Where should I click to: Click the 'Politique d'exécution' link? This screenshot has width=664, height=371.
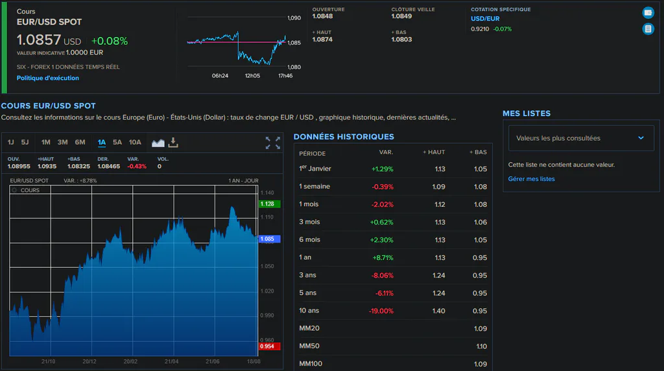point(48,78)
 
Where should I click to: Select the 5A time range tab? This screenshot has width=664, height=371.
point(117,142)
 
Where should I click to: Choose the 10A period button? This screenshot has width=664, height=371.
point(135,142)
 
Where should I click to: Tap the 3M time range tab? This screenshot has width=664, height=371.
point(63,142)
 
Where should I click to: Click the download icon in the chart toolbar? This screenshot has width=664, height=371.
point(173,142)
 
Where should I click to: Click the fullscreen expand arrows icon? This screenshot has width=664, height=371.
point(273,143)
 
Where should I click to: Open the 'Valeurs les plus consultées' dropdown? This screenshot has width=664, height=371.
point(581,138)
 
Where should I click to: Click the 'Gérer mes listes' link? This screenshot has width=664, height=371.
point(532,179)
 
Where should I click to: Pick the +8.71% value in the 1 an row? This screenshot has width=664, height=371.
point(383,257)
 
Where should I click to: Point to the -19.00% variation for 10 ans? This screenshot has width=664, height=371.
point(381,311)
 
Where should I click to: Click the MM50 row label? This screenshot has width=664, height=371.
point(309,346)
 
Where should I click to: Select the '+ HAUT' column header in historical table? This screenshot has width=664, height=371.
point(434,152)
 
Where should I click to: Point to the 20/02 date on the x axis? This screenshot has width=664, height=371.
point(130,361)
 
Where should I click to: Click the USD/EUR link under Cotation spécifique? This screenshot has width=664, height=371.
point(485,19)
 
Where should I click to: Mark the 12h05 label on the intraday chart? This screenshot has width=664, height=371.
point(252,76)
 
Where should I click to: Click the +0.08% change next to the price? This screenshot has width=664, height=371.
point(110,41)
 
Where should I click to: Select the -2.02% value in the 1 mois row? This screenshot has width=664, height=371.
point(383,204)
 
